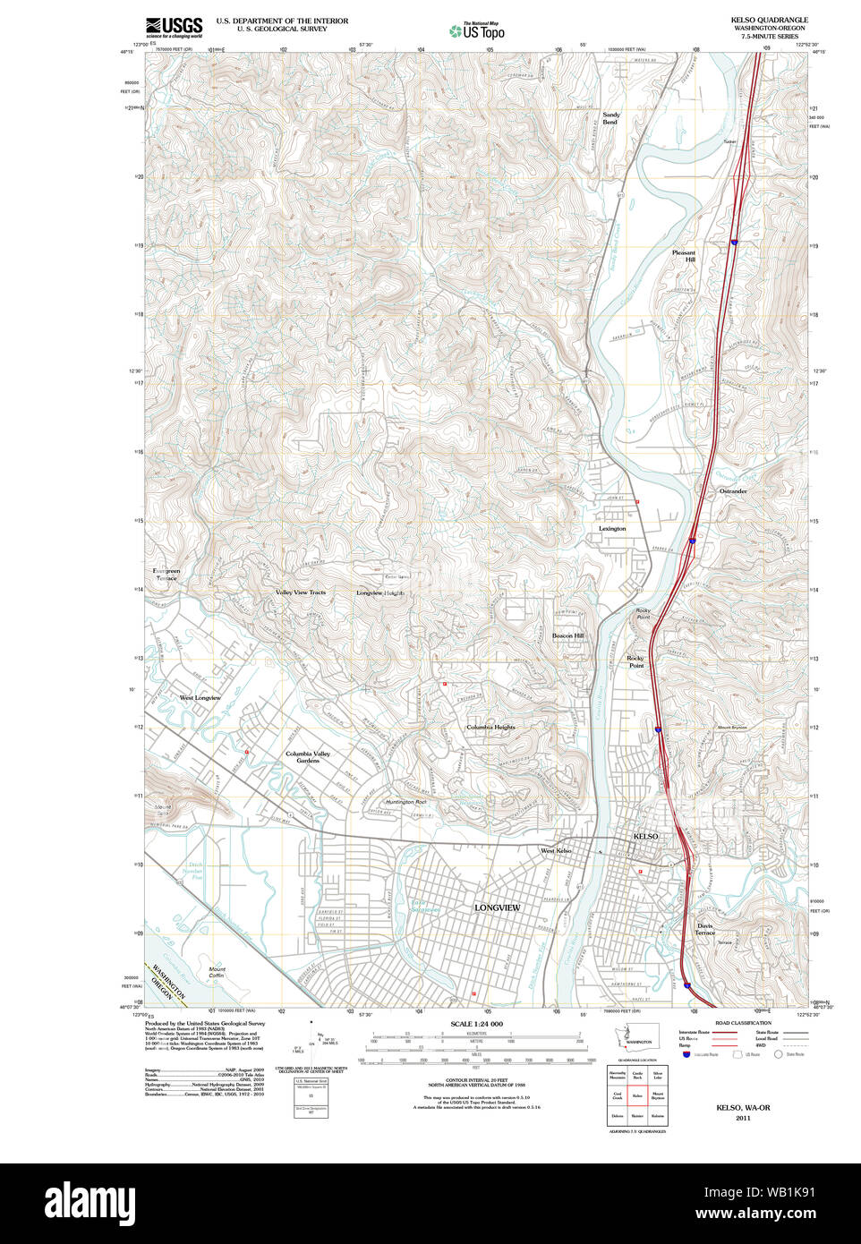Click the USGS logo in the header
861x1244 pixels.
coord(174,26)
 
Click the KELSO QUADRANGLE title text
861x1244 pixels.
coord(769,20)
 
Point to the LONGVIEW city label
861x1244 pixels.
coord(497,907)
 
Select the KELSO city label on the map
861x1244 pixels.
coord(645,836)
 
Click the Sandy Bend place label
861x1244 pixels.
coord(610,118)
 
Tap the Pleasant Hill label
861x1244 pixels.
coord(684,256)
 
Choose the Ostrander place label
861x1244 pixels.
coord(733,491)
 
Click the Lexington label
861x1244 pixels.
coord(612,529)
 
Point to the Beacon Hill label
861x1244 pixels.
coord(567,635)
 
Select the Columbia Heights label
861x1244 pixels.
coord(490,728)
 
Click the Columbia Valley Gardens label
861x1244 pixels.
coord(308,757)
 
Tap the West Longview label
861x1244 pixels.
coord(200,698)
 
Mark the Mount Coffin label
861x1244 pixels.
coord(217,973)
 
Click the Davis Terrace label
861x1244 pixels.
coord(705,929)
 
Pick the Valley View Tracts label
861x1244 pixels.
coord(301,592)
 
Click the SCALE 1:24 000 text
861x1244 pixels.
coord(476,1024)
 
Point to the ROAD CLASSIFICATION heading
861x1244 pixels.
coord(743,1023)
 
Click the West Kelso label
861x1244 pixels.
coord(556,850)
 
